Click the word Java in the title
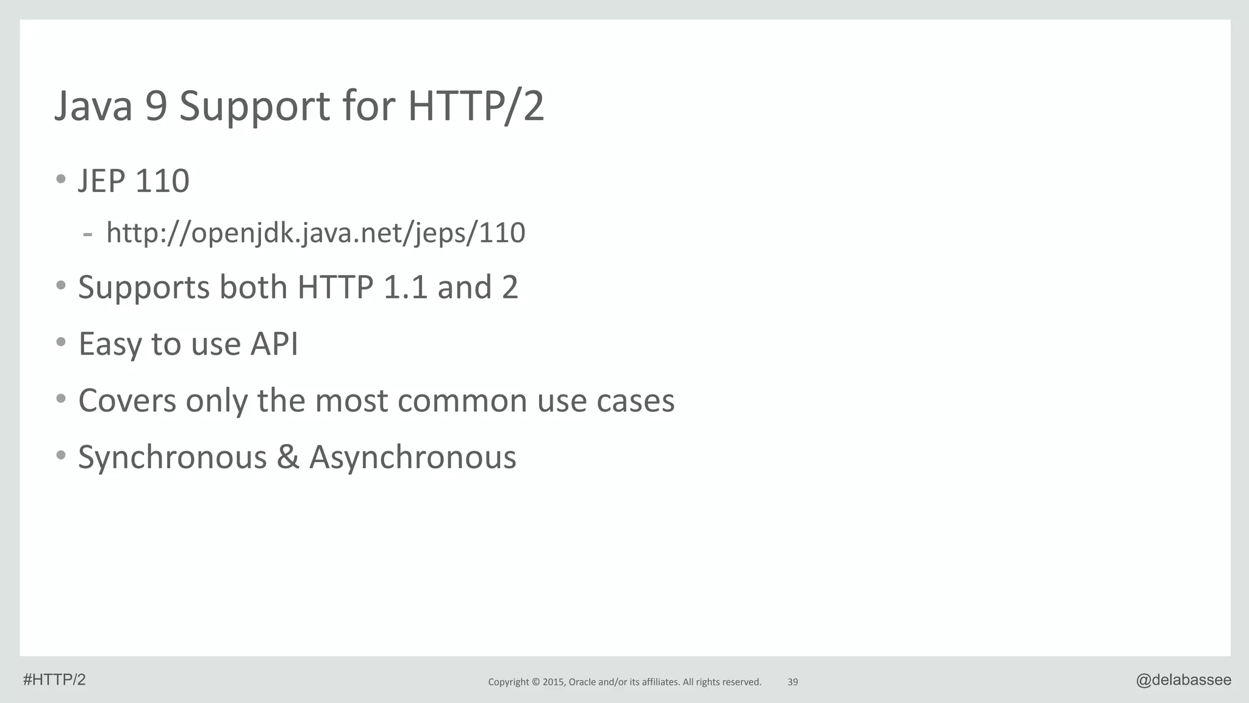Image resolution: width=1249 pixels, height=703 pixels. [93, 106]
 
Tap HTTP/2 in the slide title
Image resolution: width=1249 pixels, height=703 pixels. [476, 106]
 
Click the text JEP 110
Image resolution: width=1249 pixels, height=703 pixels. [134, 181]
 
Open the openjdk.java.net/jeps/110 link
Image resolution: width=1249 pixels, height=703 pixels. [315, 233]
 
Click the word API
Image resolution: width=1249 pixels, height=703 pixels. [274, 343]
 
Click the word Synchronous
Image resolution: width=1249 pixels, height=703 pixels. [173, 457]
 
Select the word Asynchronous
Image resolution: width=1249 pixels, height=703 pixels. [413, 457]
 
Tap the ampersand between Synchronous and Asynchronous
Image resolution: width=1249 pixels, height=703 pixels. [288, 457]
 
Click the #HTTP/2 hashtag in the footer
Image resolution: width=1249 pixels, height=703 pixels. [54, 680]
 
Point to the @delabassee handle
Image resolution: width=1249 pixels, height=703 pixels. [1183, 680]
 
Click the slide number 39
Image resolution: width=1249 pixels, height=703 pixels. [793, 682]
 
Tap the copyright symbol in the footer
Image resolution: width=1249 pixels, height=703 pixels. [535, 682]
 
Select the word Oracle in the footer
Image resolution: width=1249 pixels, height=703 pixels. [582, 682]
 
